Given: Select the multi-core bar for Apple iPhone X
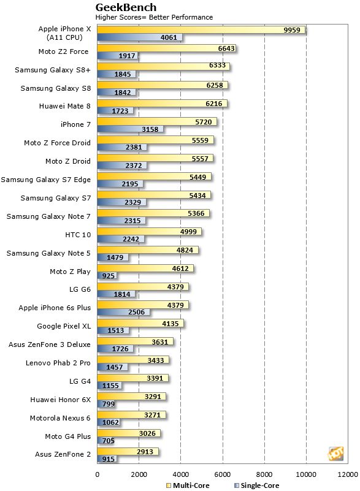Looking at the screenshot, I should click(201, 29).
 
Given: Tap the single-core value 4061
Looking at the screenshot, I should click(169, 37).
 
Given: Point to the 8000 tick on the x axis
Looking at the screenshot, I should click(264, 474).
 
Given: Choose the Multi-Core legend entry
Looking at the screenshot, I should click(190, 485).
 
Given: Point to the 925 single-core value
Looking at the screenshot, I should click(109, 276).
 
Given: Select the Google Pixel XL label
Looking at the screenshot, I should click(64, 327).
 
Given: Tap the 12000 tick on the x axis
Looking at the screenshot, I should click(347, 474).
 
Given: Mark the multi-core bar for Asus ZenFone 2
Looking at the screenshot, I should click(128, 452).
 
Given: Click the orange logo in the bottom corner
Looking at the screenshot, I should click(335, 454).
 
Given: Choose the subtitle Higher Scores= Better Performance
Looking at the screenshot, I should click(154, 17).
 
